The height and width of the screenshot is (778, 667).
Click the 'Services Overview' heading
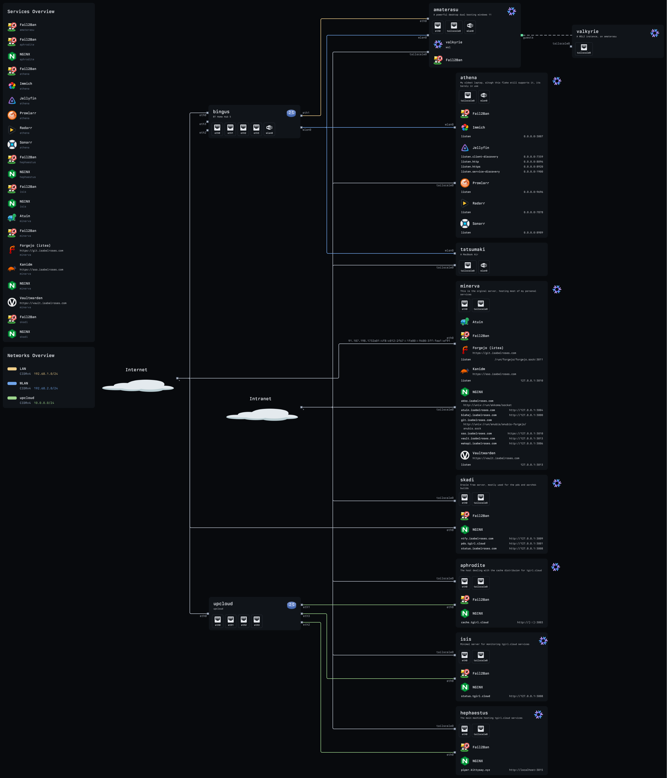(31, 12)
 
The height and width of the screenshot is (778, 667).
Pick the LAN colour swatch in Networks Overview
(12, 369)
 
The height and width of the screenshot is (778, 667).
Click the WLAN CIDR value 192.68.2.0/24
(46, 388)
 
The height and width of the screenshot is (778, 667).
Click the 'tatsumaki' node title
(472, 249)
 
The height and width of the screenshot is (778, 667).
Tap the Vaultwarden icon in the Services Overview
(12, 302)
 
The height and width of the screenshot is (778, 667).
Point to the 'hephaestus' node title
(474, 713)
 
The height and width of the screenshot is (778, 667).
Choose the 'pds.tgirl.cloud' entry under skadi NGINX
(473, 543)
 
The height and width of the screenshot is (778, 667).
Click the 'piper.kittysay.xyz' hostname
(476, 770)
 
